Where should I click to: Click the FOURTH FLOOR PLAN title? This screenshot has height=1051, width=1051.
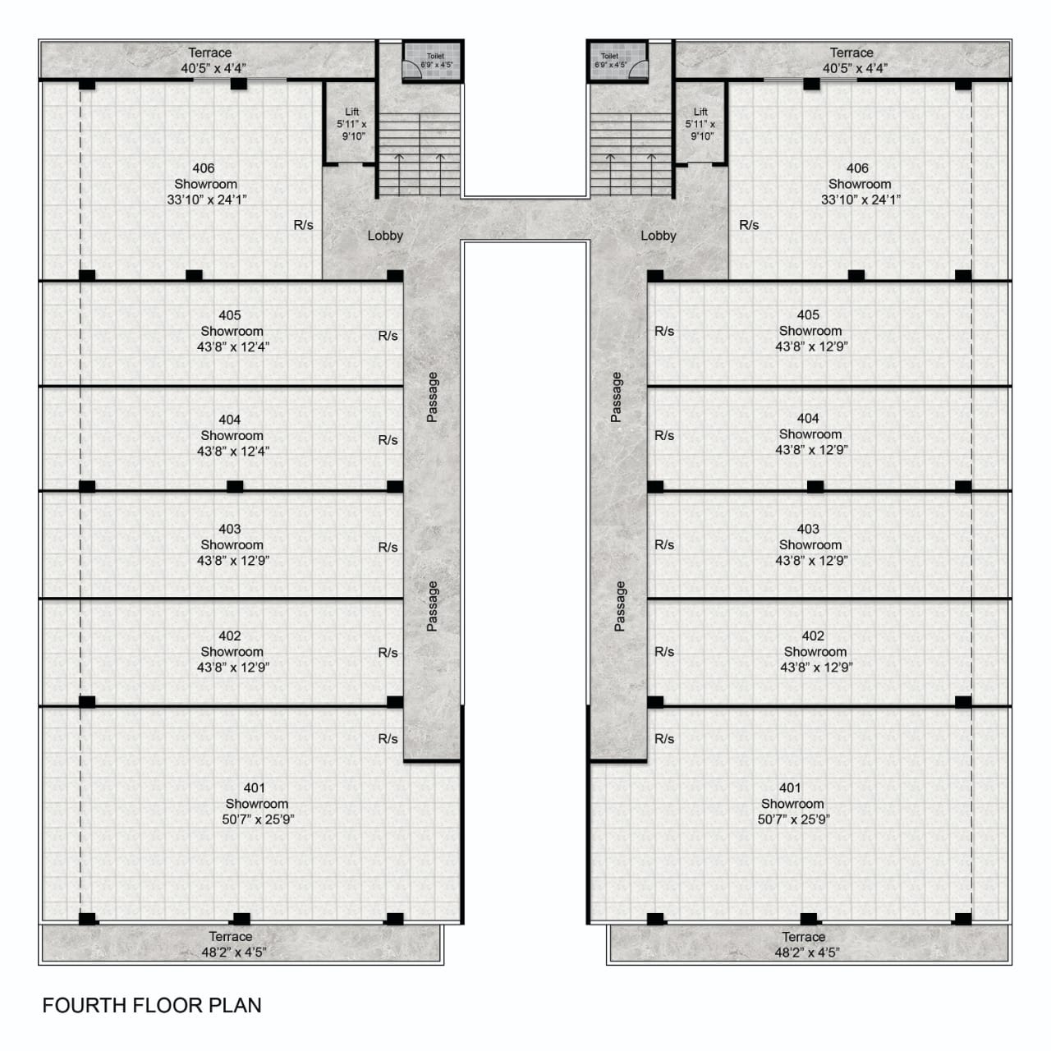pyautogui.click(x=152, y=1005)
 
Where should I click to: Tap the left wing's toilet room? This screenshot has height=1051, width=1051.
pyautogui.click(x=433, y=61)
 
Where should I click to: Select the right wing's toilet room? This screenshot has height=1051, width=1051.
pyautogui.click(x=618, y=61)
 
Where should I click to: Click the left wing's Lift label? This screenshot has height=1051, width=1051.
pyautogui.click(x=351, y=112)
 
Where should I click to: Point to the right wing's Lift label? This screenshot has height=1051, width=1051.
pyautogui.click(x=700, y=112)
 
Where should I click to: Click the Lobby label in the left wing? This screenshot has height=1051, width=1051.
pyautogui.click(x=385, y=236)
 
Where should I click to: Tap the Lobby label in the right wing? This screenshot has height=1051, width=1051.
pyautogui.click(x=659, y=236)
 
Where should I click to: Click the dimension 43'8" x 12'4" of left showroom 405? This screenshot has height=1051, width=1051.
pyautogui.click(x=233, y=347)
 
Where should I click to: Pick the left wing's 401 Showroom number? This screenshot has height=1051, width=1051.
pyautogui.click(x=255, y=787)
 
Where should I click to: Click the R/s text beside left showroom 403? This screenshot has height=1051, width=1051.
pyautogui.click(x=388, y=547)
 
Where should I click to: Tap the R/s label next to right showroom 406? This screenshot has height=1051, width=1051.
pyautogui.click(x=749, y=225)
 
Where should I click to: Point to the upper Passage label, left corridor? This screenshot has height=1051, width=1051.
pyautogui.click(x=432, y=397)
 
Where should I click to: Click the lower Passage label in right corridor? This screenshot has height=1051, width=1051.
pyautogui.click(x=620, y=606)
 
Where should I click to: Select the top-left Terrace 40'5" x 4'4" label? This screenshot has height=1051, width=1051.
pyautogui.click(x=213, y=61)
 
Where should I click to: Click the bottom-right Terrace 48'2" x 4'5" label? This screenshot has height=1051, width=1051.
pyautogui.click(x=806, y=944)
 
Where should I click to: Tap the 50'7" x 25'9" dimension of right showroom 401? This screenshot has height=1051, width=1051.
pyautogui.click(x=793, y=819)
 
